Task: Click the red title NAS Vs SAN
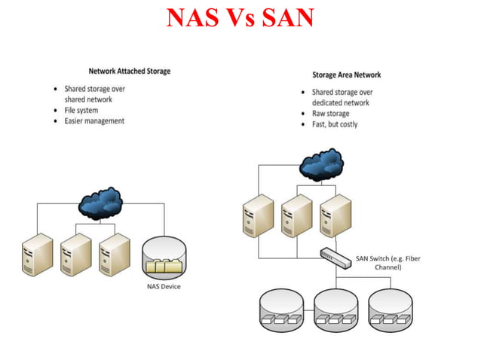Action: click(240, 18)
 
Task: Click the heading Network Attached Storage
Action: click(130, 72)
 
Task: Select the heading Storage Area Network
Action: click(346, 75)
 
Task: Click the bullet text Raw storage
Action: click(330, 114)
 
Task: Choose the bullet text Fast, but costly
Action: click(335, 124)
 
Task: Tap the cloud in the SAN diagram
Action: click(321, 163)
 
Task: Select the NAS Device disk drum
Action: click(164, 258)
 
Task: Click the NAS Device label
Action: click(164, 286)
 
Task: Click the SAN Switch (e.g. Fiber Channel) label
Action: click(388, 263)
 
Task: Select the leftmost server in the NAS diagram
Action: click(38, 254)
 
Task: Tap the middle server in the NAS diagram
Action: click(76, 254)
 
